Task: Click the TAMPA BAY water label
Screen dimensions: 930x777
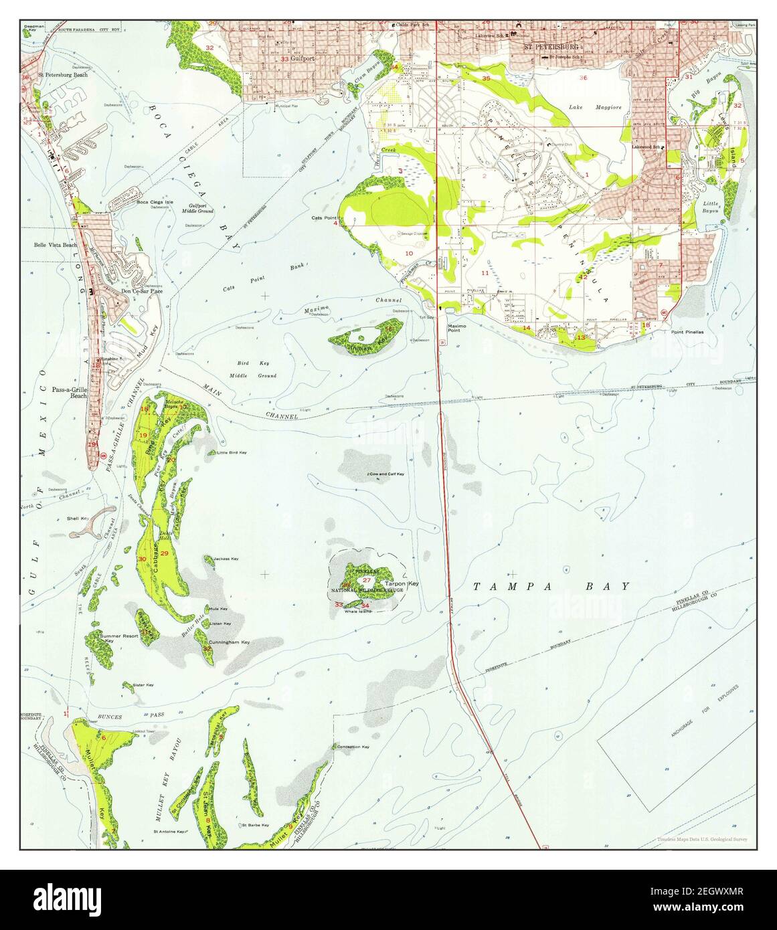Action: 551,587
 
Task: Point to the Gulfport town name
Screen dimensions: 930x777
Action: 303,59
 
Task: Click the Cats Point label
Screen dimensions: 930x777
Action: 324,218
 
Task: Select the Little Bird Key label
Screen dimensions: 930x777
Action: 232,453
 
